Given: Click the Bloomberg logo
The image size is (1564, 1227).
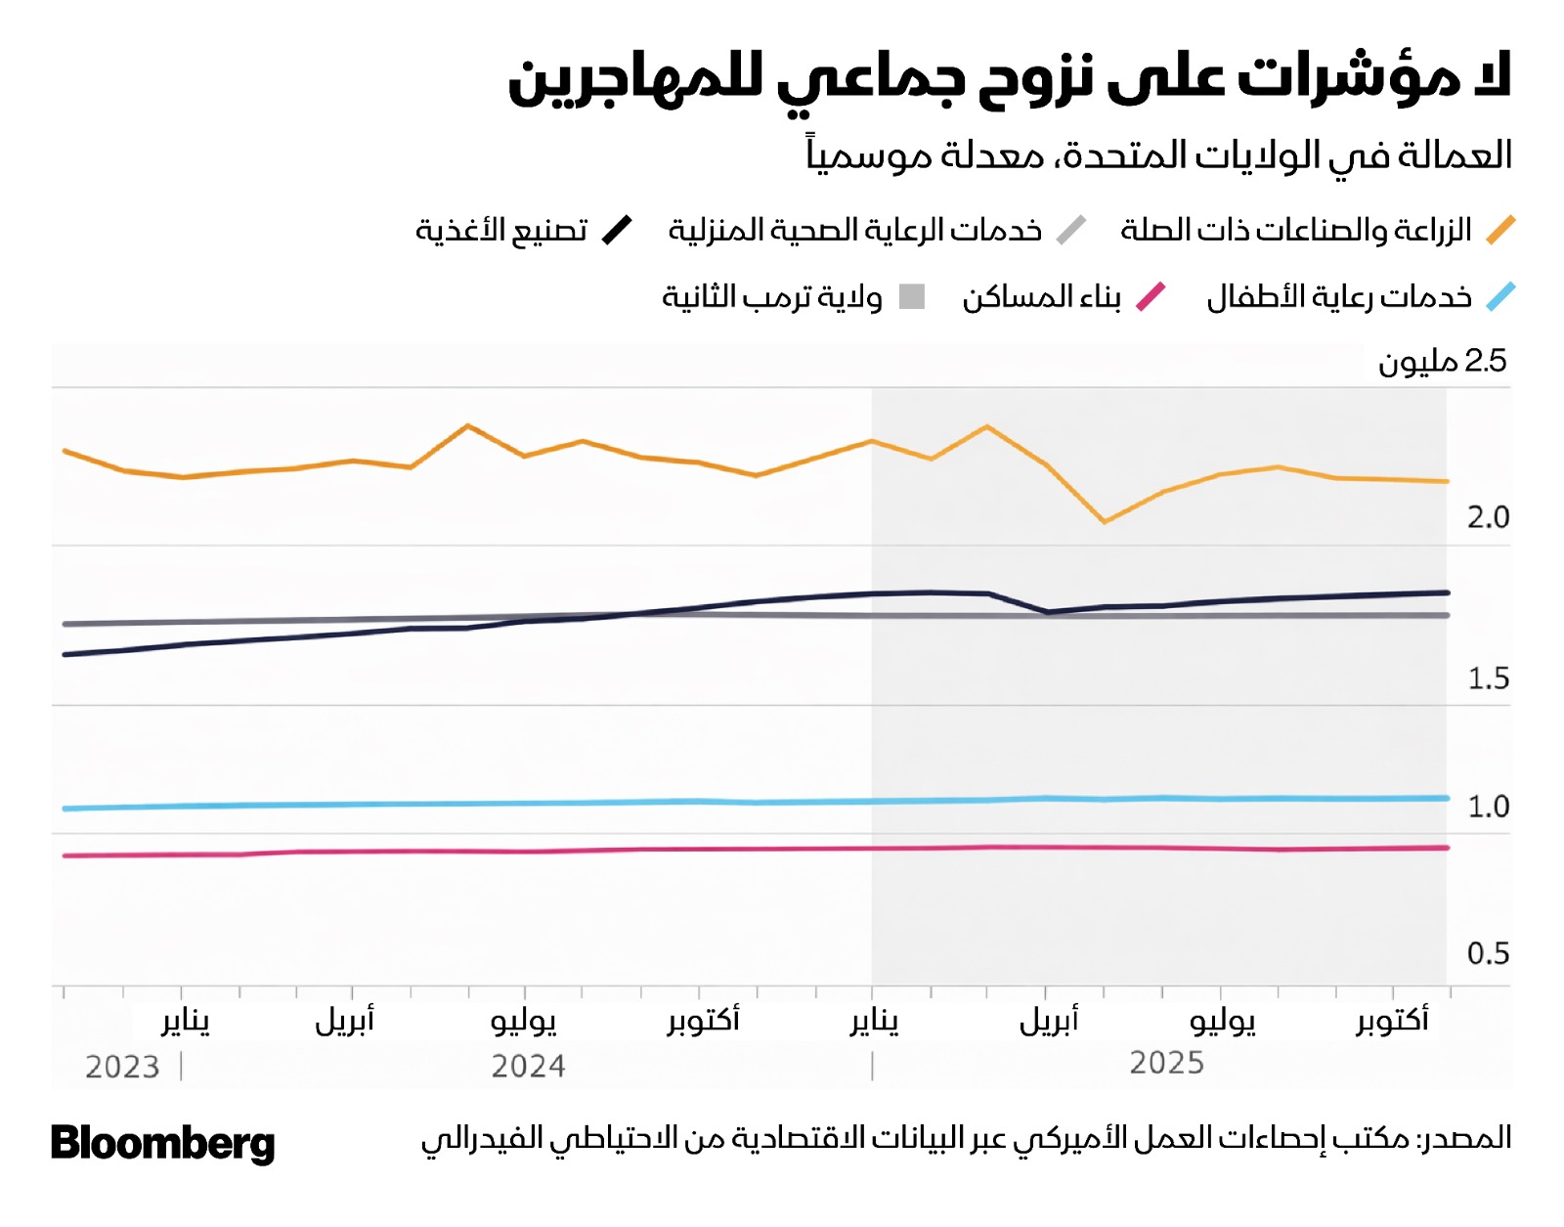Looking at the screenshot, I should click(162, 1143).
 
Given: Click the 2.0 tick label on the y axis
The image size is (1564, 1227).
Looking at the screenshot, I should click(1488, 517).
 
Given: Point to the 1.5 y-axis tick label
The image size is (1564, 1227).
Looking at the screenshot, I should click(1488, 678).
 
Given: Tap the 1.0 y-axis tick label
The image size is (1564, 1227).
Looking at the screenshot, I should click(1488, 807).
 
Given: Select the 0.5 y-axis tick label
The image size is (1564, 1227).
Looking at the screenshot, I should click(1488, 953).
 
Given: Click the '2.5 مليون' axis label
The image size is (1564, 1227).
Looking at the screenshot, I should click(1443, 362).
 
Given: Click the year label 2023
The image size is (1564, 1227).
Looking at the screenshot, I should click(122, 1067).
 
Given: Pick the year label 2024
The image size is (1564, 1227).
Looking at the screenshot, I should click(528, 1066).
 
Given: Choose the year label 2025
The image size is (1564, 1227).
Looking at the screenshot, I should click(1166, 1063).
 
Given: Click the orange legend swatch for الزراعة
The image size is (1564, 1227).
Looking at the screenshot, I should click(1500, 231).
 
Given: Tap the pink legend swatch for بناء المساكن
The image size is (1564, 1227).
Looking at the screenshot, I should click(1151, 296).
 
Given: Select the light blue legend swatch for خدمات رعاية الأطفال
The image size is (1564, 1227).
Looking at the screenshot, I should click(1500, 296).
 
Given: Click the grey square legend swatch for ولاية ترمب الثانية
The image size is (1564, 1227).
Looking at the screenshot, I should click(912, 296).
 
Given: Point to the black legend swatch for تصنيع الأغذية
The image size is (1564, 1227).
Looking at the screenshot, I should click(617, 231).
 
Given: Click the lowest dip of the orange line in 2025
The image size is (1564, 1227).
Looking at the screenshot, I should click(1105, 521).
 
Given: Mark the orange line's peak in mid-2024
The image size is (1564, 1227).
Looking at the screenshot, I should click(468, 425).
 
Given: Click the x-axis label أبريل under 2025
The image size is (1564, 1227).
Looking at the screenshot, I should click(1049, 1021).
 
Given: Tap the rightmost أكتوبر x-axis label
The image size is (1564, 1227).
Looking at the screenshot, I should click(1392, 1021).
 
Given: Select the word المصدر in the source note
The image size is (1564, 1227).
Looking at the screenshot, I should click(1466, 1138).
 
